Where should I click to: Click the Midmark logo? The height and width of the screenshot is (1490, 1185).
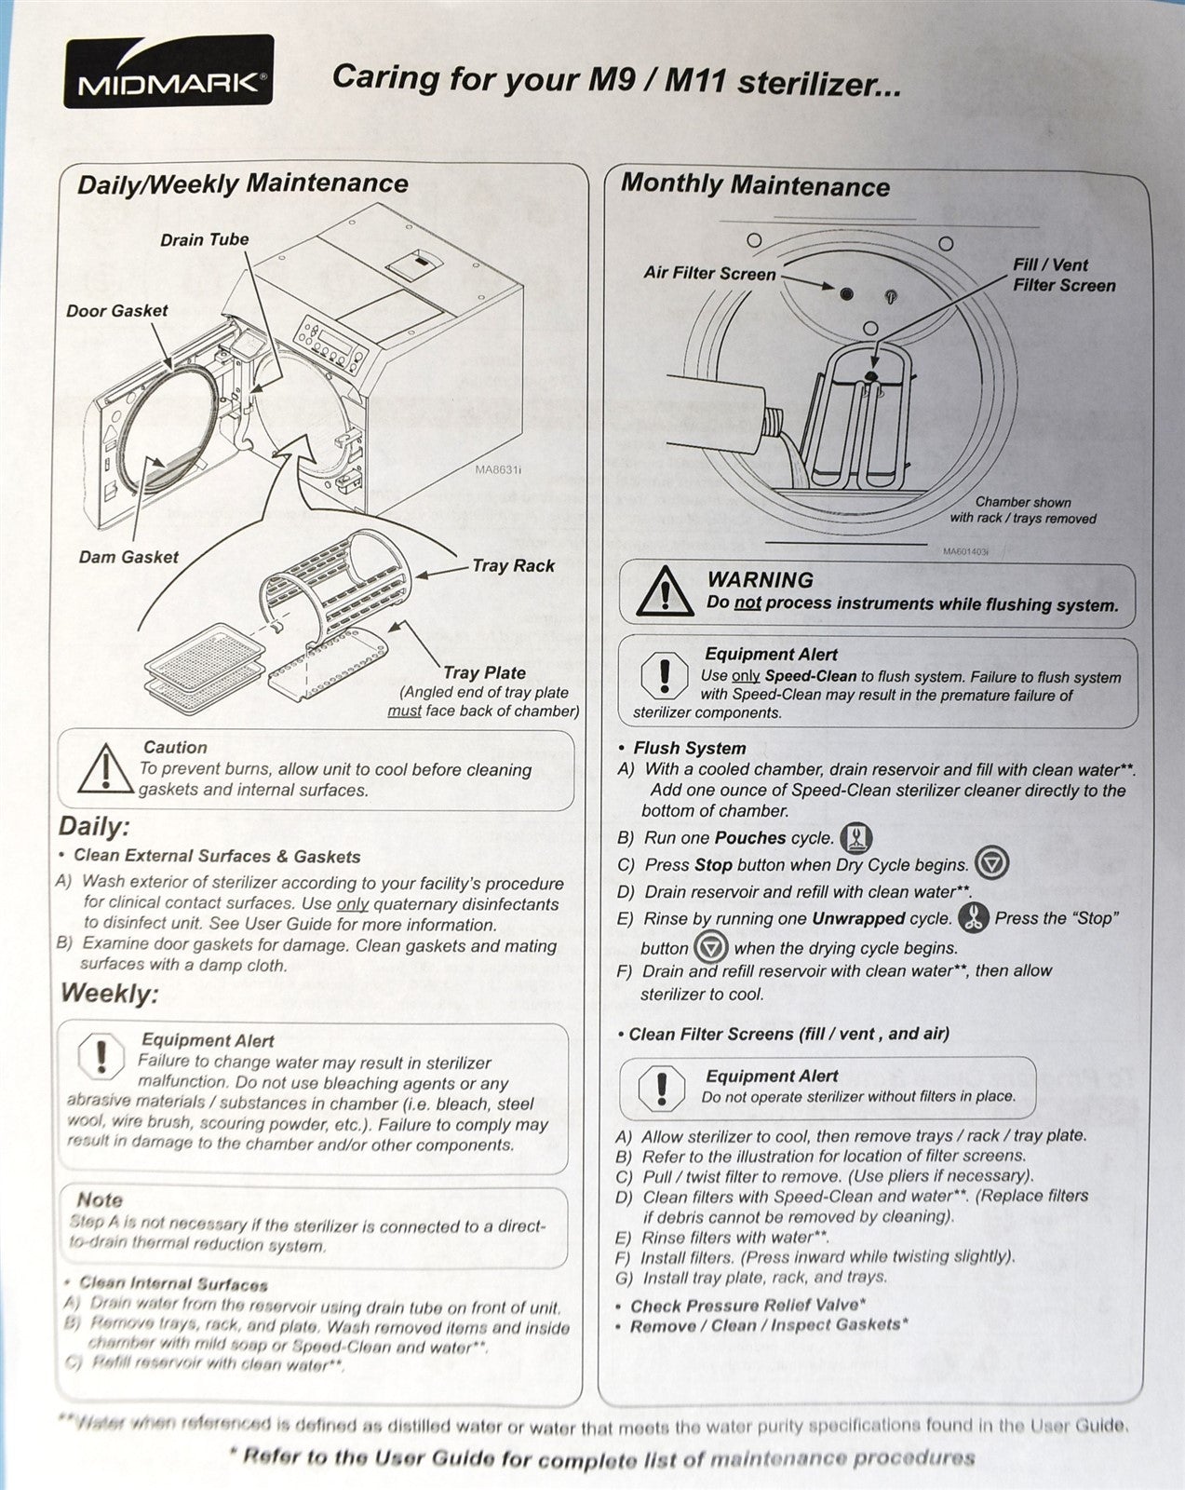[168, 72]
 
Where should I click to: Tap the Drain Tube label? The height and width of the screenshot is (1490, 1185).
[204, 240]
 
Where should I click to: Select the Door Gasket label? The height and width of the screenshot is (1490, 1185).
[116, 311]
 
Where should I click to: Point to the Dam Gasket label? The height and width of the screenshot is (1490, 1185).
[128, 557]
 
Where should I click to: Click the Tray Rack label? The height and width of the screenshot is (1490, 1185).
[513, 565]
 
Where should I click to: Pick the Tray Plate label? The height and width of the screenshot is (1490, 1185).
[484, 672]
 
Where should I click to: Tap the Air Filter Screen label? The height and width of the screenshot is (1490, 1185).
[709, 274]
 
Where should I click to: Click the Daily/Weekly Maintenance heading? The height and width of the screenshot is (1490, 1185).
[242, 183]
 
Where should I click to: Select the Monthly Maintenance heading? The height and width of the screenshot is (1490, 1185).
[755, 185]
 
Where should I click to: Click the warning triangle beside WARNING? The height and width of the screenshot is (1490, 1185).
[665, 591]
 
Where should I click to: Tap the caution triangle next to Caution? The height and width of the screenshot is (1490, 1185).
[106, 768]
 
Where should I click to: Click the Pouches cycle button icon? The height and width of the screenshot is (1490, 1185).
[856, 838]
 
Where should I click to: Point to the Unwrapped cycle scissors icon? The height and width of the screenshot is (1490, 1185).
[974, 918]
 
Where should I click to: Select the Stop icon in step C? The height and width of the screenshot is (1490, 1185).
[990, 863]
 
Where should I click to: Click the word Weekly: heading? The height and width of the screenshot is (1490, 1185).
[110, 994]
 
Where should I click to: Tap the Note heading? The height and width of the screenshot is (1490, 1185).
[100, 1199]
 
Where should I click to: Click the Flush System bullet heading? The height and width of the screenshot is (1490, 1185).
[689, 748]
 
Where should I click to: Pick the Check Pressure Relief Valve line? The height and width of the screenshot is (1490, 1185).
[747, 1306]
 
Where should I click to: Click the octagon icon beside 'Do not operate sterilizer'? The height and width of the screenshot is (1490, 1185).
[662, 1086]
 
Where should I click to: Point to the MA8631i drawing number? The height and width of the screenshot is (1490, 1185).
[499, 470]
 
